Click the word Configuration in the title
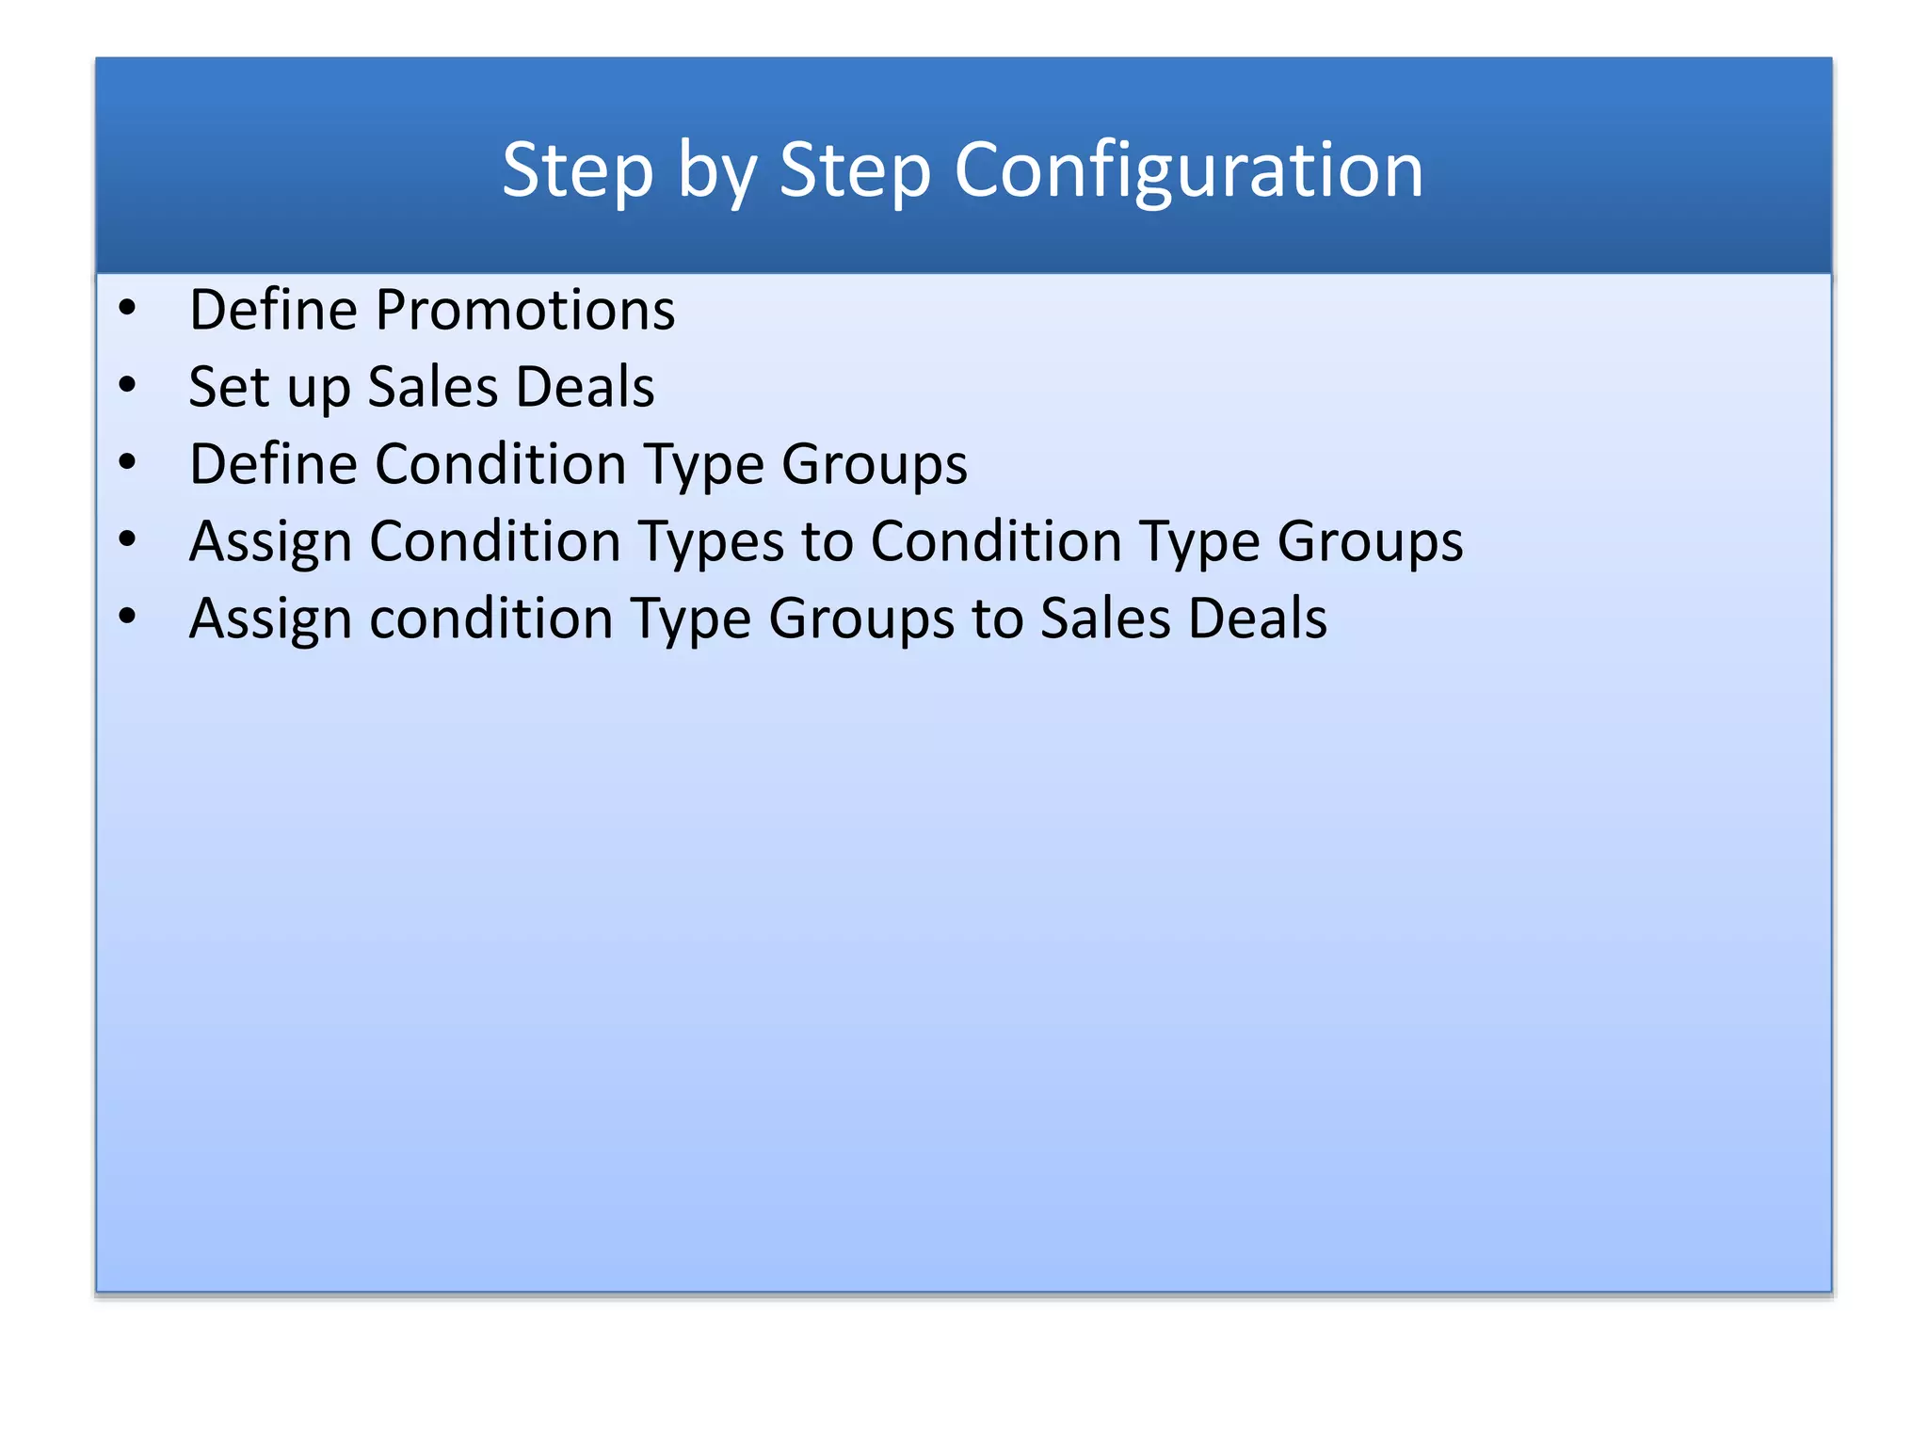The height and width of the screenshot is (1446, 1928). tap(1188, 170)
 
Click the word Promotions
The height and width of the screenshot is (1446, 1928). tap(525, 310)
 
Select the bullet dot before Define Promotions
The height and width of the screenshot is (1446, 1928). tap(128, 308)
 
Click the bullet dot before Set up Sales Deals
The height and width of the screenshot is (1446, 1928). tap(128, 385)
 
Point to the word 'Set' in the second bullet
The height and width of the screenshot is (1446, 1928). tap(229, 387)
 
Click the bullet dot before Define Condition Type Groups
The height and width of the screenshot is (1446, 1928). tap(128, 462)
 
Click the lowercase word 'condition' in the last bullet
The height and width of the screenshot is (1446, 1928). tap(491, 619)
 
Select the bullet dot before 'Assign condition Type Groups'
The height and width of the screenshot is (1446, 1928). tap(128, 617)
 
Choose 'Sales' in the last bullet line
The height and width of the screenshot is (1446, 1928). tap(1105, 619)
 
